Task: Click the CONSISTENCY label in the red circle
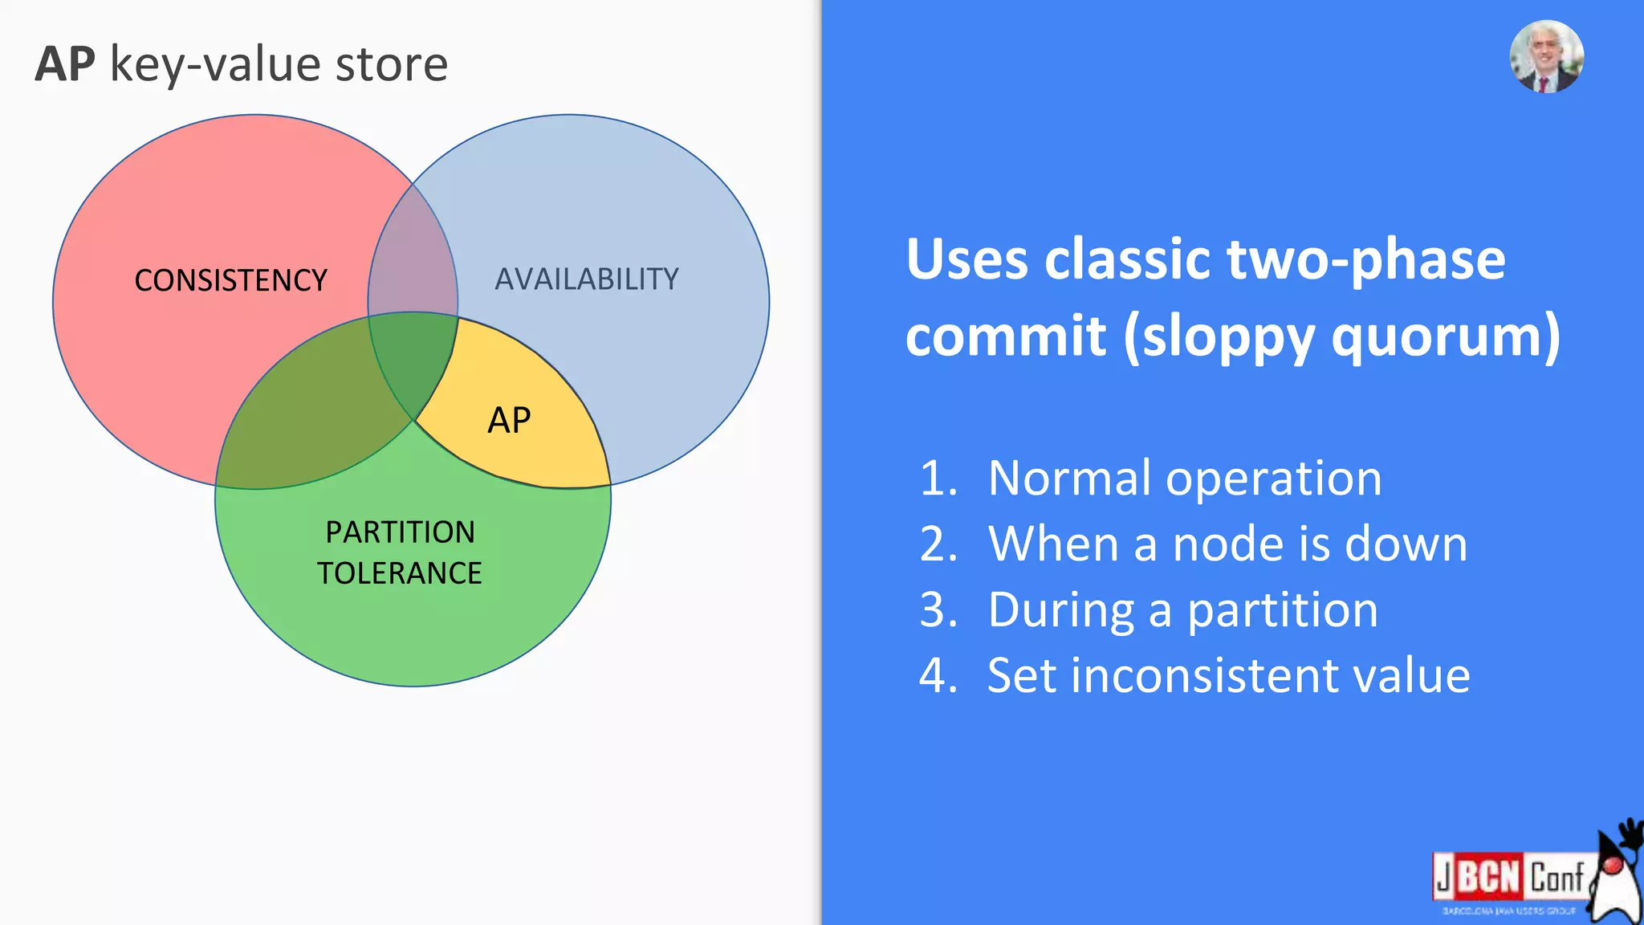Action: point(230,280)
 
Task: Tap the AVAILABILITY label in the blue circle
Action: point(587,279)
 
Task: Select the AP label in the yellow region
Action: point(509,421)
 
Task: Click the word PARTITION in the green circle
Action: point(400,532)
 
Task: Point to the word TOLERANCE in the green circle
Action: point(400,573)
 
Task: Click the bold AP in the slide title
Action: point(65,64)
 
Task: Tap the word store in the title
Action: point(391,64)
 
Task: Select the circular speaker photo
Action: point(1546,57)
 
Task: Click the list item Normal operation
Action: point(1184,478)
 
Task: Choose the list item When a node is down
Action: point(1227,544)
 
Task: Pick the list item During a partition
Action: point(1182,609)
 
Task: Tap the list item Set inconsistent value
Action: point(1228,675)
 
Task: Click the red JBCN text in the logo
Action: point(1478,876)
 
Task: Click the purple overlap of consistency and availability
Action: point(413,257)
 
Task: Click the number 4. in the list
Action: point(938,675)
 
